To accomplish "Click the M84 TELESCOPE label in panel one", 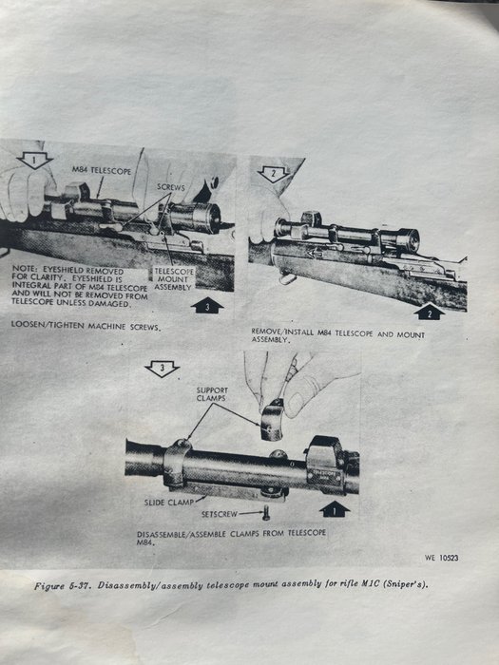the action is pyautogui.click(x=102, y=171).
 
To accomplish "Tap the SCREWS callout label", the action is pyautogui.click(x=170, y=187).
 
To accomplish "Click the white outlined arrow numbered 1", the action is pyautogui.click(x=35, y=161).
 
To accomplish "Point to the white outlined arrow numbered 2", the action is pyautogui.click(x=274, y=174).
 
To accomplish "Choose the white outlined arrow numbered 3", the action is pyautogui.click(x=162, y=369).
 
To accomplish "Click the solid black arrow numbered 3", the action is pyautogui.click(x=207, y=305).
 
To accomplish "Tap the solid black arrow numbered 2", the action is pyautogui.click(x=429, y=312).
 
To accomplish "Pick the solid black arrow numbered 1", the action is pyautogui.click(x=335, y=509).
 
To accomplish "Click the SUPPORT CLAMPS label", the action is pyautogui.click(x=212, y=394).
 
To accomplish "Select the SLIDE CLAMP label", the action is pyautogui.click(x=169, y=503).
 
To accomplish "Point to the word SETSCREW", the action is pyautogui.click(x=219, y=514).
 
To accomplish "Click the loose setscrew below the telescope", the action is pyautogui.click(x=266, y=513).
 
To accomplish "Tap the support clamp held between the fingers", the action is pyautogui.click(x=272, y=420).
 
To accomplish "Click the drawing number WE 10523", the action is pyautogui.click(x=441, y=558).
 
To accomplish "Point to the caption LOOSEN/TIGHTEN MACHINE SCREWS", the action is pyautogui.click(x=86, y=326).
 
